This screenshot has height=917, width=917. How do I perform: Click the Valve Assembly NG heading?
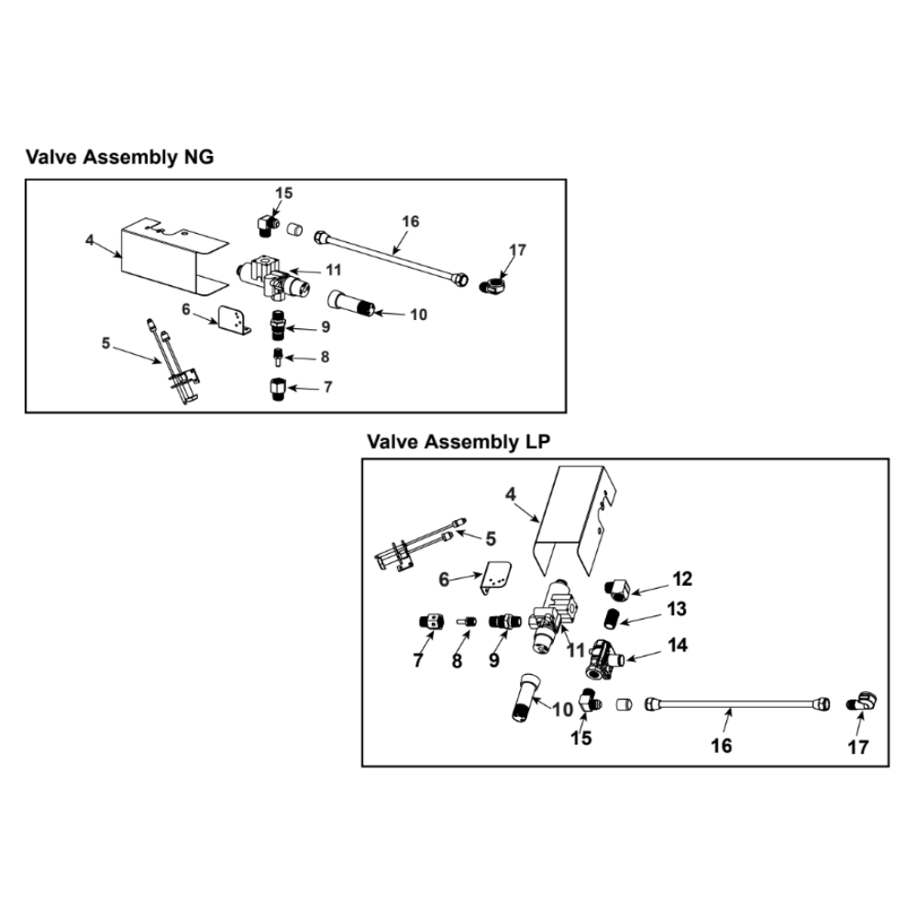[119, 157]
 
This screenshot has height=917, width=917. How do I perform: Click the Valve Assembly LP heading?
[458, 443]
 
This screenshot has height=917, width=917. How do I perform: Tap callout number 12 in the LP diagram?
[681, 580]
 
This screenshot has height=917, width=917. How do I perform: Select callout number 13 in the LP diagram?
[677, 609]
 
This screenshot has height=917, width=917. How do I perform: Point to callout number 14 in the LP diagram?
[677, 646]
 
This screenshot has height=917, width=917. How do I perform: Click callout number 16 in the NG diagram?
[409, 222]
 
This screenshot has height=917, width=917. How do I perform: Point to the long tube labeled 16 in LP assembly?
[734, 705]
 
